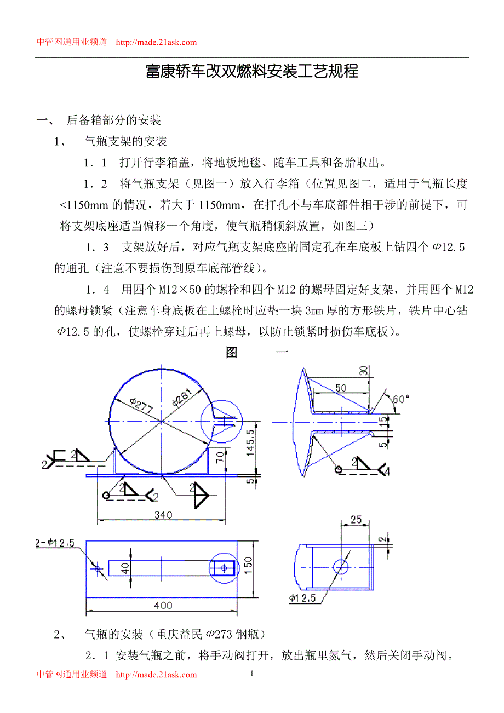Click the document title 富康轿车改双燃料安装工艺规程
(x=252, y=71)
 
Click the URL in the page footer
(x=157, y=675)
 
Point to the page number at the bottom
(x=251, y=673)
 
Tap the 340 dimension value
(x=163, y=515)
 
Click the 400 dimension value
(x=163, y=606)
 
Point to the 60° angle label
(x=401, y=399)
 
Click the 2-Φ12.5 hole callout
(x=57, y=543)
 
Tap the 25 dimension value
(x=356, y=519)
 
